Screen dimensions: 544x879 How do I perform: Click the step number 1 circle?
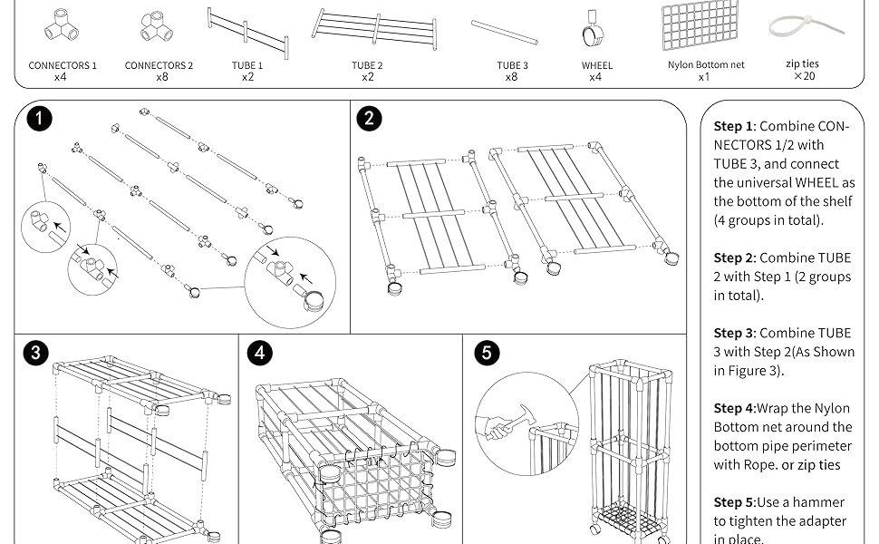click(x=39, y=118)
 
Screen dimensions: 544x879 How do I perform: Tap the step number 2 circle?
click(x=369, y=118)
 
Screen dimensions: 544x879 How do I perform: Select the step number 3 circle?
click(x=35, y=353)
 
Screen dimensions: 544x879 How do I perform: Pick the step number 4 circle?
click(x=259, y=353)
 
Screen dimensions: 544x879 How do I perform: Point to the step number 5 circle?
click(x=486, y=353)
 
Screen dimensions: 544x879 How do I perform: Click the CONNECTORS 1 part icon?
click(x=61, y=26)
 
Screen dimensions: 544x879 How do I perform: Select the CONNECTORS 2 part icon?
click(x=158, y=26)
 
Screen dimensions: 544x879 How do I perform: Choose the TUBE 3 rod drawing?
click(x=505, y=32)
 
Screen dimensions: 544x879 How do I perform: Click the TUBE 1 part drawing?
click(x=247, y=31)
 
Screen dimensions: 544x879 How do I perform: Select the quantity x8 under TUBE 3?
click(x=512, y=78)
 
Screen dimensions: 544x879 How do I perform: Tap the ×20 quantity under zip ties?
click(x=804, y=76)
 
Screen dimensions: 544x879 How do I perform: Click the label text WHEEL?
click(x=597, y=65)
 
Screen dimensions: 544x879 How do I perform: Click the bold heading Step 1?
click(x=733, y=127)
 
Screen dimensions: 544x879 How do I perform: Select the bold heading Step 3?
click(x=733, y=334)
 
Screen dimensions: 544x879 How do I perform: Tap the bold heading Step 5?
click(x=733, y=502)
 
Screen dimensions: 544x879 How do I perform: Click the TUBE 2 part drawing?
click(x=374, y=29)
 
